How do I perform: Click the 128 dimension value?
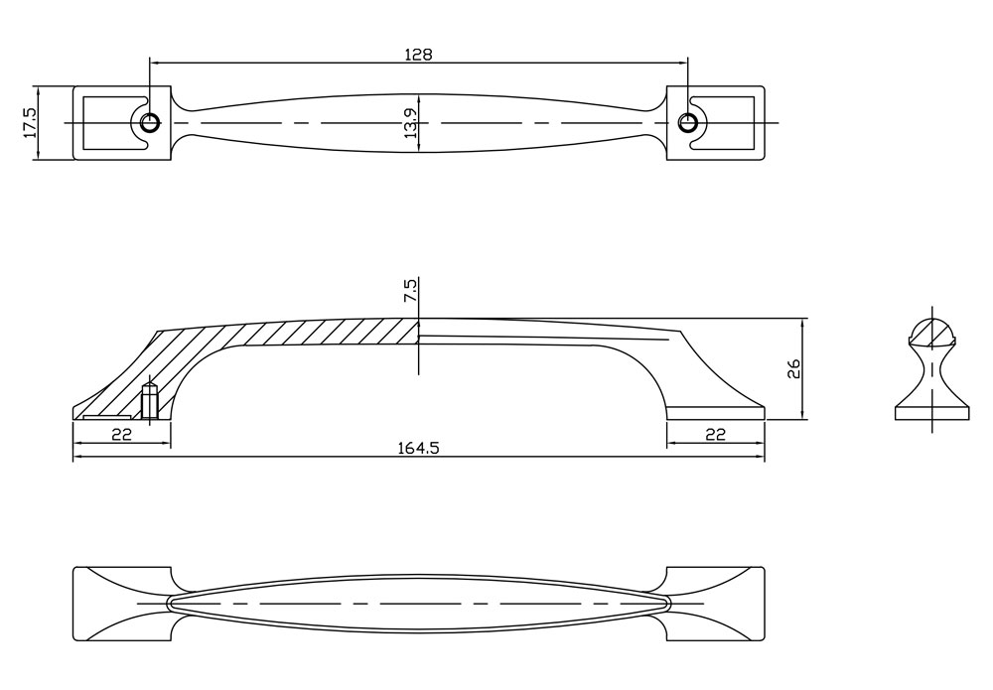point(418,55)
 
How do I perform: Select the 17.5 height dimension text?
point(30,122)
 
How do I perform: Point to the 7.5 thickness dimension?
point(409,291)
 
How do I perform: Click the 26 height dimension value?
point(793,368)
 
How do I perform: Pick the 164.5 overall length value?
point(418,448)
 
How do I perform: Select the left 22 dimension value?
point(121,434)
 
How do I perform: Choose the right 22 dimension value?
point(715,434)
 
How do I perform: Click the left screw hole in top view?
point(150,122)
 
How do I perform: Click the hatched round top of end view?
point(932,333)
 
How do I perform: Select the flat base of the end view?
point(932,413)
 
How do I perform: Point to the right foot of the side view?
point(716,413)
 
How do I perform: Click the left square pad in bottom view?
point(122,604)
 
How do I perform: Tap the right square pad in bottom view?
point(716,604)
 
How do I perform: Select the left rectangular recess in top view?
point(111,123)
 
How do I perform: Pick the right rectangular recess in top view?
point(723,123)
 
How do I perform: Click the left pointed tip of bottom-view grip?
point(167,604)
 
